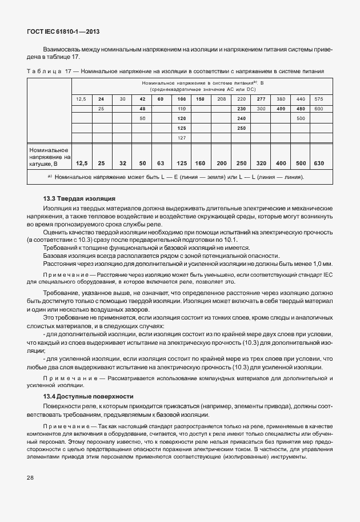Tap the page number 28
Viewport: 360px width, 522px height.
[x=29, y=477]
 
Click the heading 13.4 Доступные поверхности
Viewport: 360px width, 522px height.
[x=88, y=396]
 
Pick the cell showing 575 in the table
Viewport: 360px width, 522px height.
[x=318, y=99]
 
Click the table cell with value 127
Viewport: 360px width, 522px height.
[x=182, y=138]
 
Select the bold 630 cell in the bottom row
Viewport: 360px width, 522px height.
[x=318, y=163]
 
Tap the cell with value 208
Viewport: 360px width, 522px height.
[x=222, y=99]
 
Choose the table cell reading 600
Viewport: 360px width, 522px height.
[x=318, y=109]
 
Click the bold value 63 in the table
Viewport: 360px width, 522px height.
[x=161, y=163]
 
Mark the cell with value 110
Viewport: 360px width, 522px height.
[x=182, y=109]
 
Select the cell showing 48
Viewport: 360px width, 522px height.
[x=142, y=109]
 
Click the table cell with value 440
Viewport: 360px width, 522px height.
[x=300, y=99]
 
